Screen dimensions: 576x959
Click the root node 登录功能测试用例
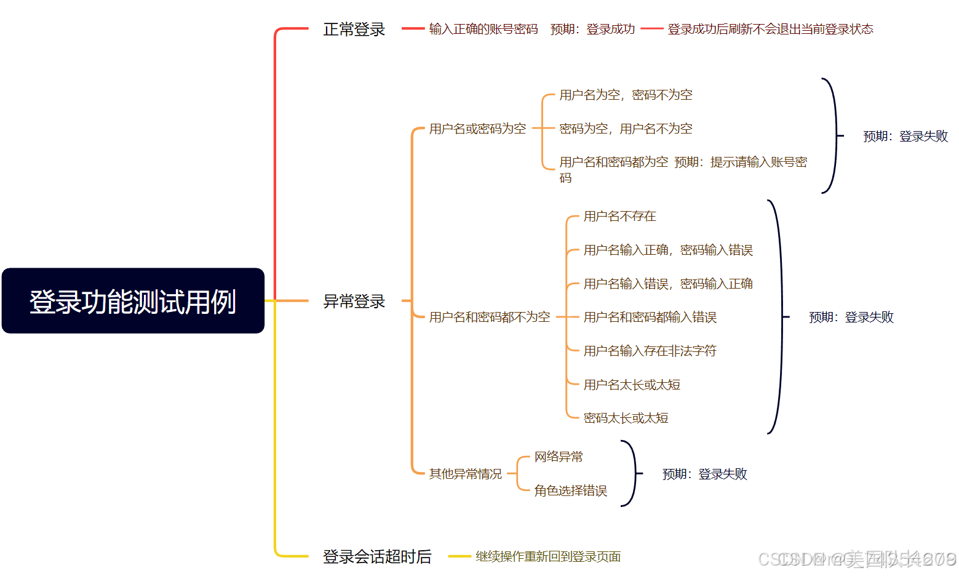pos(133,301)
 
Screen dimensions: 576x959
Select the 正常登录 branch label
pos(354,30)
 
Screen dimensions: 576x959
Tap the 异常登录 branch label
pos(354,302)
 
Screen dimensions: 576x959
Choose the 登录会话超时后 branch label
pos(377,557)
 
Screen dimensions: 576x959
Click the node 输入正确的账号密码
pos(483,30)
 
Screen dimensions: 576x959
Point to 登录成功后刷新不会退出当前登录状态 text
pos(770,30)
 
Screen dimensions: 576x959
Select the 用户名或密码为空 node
pos(477,129)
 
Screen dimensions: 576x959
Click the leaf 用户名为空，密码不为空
pos(626,95)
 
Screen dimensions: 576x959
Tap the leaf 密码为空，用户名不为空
pos(626,129)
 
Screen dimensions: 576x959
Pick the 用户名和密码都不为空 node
pos(490,317)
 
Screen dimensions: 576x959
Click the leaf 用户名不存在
pos(619,216)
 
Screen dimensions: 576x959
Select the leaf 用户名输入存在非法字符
pos(650,351)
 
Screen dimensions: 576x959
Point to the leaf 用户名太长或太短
pos(632,385)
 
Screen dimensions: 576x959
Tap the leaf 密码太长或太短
pos(626,418)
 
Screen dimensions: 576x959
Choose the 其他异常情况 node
pos(466,474)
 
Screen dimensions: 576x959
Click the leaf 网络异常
pos(559,457)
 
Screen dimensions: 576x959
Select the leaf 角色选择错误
pos(570,490)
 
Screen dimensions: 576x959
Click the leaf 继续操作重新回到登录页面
pos(548,557)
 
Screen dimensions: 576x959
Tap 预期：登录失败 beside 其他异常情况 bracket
pos(704,474)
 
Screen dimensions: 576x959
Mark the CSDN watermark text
pos(857,559)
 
